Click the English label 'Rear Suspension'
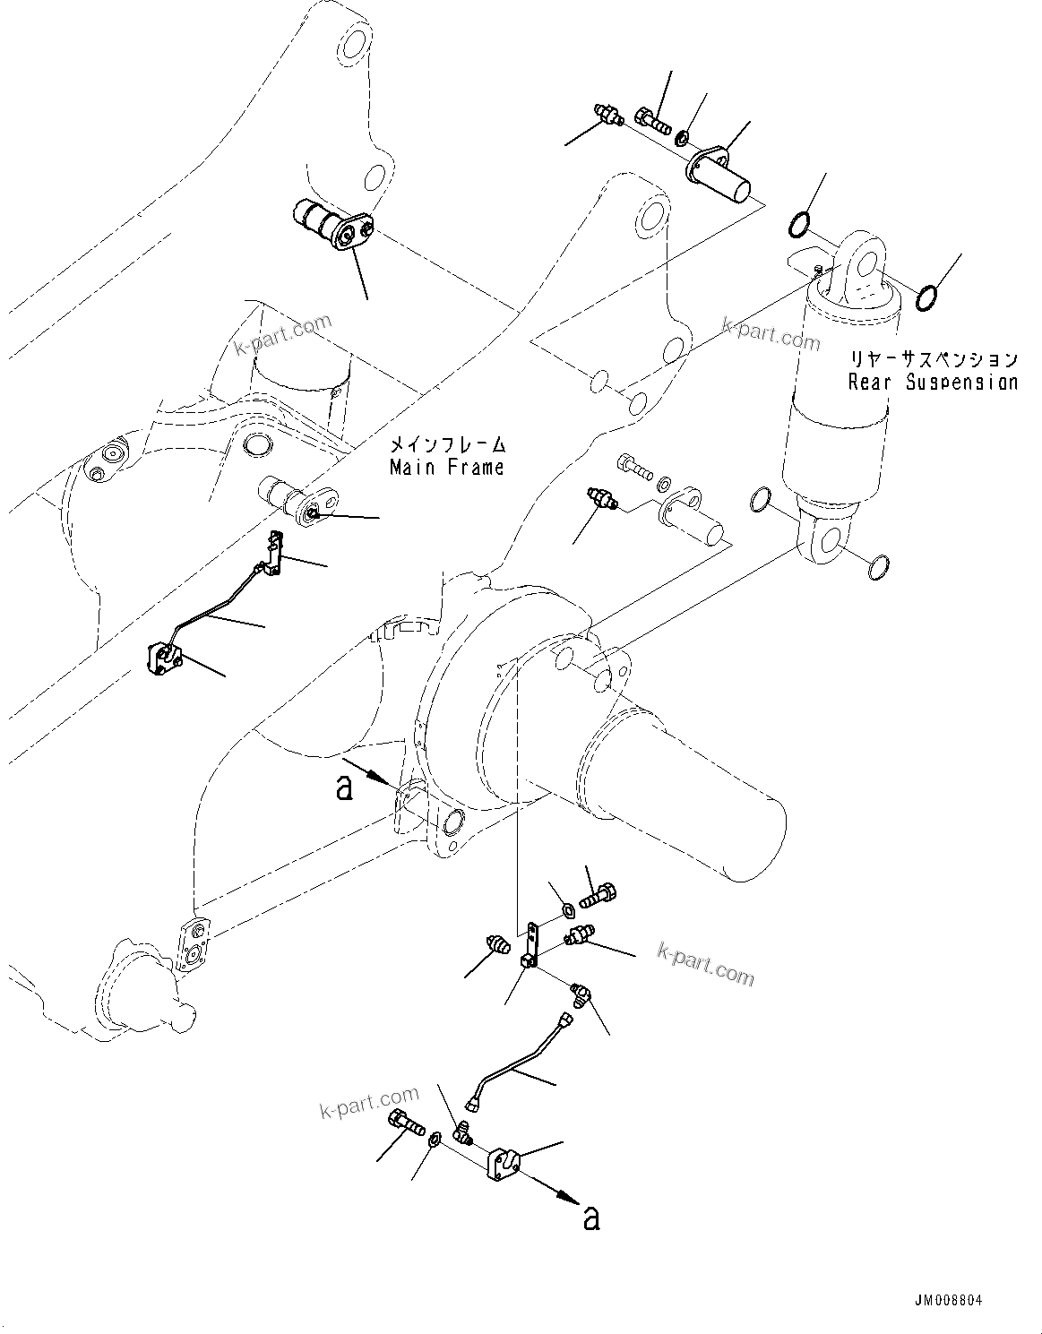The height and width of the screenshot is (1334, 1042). click(933, 382)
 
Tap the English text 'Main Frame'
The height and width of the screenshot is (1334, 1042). click(446, 467)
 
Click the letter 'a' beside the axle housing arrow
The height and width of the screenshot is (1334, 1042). click(343, 787)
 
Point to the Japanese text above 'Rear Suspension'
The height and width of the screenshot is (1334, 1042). click(933, 359)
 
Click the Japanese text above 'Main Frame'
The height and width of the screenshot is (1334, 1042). click(446, 444)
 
